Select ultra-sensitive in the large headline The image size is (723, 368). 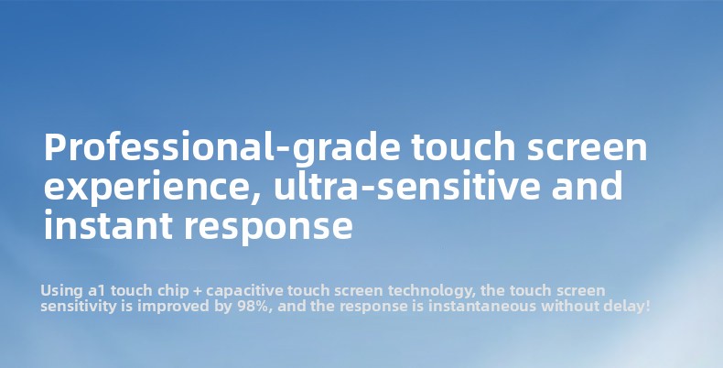[x=406, y=185]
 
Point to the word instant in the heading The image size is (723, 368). [x=108, y=224]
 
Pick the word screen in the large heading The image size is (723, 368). [x=587, y=147]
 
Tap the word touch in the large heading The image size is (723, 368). [x=463, y=146]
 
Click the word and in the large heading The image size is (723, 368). [x=587, y=185]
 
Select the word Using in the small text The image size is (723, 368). [x=62, y=291]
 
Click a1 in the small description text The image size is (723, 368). [x=97, y=291]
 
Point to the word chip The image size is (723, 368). [x=173, y=291]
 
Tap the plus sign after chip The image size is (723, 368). [x=198, y=291]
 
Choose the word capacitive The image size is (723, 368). [x=244, y=291]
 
